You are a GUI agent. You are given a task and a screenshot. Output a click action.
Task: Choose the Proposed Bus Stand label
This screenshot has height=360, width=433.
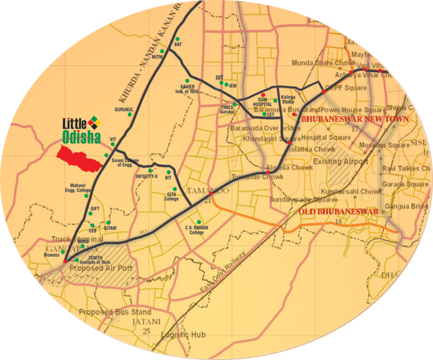[115, 312]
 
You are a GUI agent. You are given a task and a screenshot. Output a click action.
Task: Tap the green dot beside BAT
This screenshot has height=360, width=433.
[177, 39]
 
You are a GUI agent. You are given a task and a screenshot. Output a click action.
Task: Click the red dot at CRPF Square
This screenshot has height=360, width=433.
[323, 92]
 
